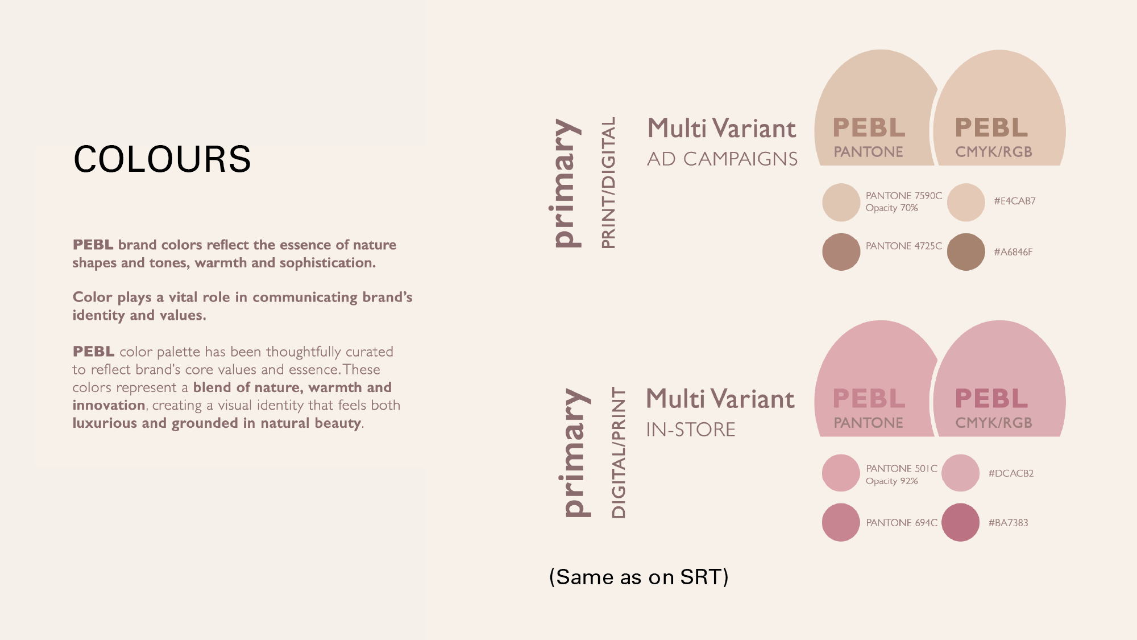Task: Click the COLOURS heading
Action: coord(162,159)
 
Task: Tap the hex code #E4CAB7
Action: coord(1015,201)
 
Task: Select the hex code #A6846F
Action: coord(1013,252)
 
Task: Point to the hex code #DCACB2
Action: coord(1011,473)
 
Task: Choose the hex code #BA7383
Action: coord(1008,523)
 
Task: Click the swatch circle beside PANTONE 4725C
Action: coord(841,251)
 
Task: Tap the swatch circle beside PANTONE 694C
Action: coord(841,522)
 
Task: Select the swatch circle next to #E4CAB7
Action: coord(966,202)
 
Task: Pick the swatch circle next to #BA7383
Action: coord(960,522)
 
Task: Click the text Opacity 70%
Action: coord(891,208)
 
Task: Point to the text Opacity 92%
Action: coord(891,481)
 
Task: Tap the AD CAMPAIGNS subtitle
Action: coord(722,159)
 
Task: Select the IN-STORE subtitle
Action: coord(691,430)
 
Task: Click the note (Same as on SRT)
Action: coord(639,577)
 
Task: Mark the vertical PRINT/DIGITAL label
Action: coord(608,183)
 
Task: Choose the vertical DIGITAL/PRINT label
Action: coord(618,453)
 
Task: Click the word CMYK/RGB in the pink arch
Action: coord(993,423)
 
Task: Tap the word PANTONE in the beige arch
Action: coord(868,152)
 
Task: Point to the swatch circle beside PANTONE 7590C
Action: coord(841,202)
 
